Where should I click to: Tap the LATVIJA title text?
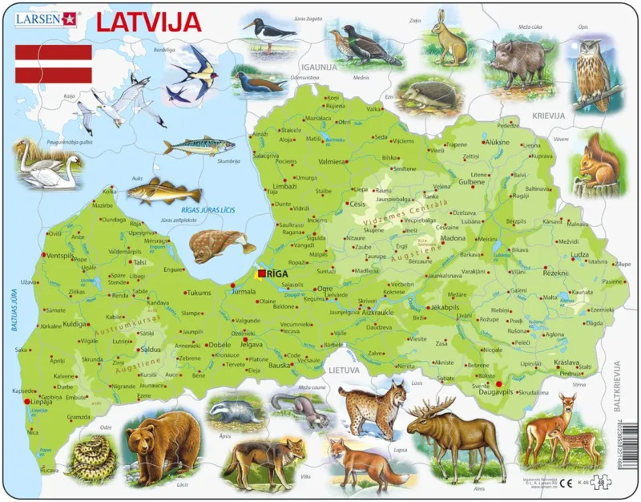[x=149, y=22]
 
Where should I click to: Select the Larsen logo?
[x=46, y=17]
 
